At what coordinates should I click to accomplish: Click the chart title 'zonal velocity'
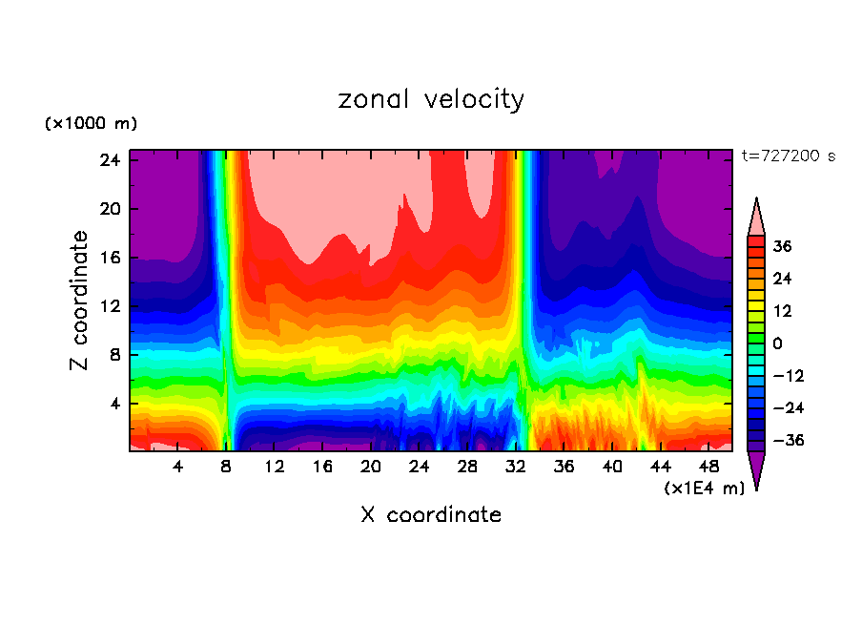[431, 99]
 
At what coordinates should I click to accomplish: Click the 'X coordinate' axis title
[431, 515]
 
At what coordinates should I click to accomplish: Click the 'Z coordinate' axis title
[81, 302]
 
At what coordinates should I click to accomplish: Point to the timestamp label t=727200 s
[788, 156]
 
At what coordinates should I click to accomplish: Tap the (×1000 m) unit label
[91, 124]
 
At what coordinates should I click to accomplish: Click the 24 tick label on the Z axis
[107, 160]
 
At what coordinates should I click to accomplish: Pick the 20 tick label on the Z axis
[107, 209]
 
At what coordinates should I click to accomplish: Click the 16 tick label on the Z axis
[107, 258]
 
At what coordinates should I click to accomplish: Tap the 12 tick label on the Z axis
[107, 306]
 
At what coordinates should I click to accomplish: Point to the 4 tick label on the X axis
[178, 467]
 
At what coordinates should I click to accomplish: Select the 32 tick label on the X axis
[516, 467]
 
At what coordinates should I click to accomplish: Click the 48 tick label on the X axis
[708, 467]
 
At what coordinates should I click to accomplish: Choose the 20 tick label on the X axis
[371, 467]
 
